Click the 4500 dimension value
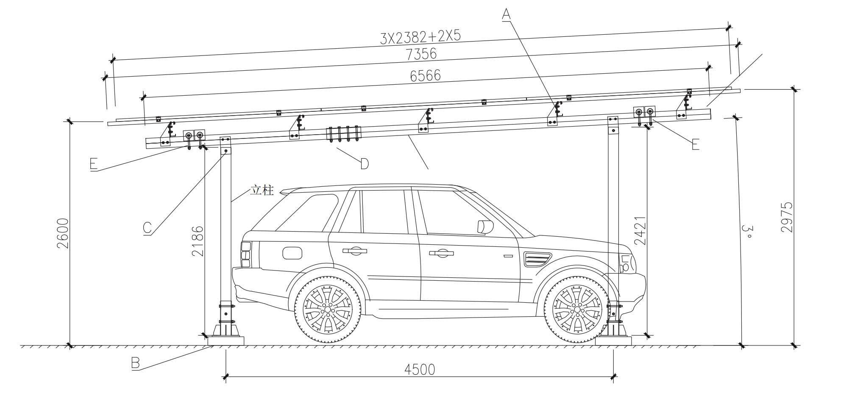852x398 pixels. (420, 370)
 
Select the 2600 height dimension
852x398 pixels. (63, 233)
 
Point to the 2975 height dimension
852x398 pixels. (786, 217)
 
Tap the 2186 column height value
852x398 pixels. (198, 241)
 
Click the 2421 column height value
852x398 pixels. (640, 230)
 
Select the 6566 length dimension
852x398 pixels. (425, 75)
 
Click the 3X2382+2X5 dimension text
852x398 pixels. (420, 38)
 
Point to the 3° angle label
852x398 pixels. (748, 232)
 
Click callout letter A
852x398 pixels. (506, 15)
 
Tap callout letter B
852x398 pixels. (135, 364)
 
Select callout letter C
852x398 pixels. (147, 228)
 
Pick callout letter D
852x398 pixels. (364, 163)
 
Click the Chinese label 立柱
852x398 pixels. (262, 191)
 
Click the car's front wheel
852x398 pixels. (577, 310)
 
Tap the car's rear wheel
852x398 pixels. (328, 310)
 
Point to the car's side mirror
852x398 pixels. (485, 227)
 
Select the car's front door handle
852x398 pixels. (441, 253)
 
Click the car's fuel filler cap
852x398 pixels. (292, 253)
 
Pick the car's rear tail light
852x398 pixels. (245, 254)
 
